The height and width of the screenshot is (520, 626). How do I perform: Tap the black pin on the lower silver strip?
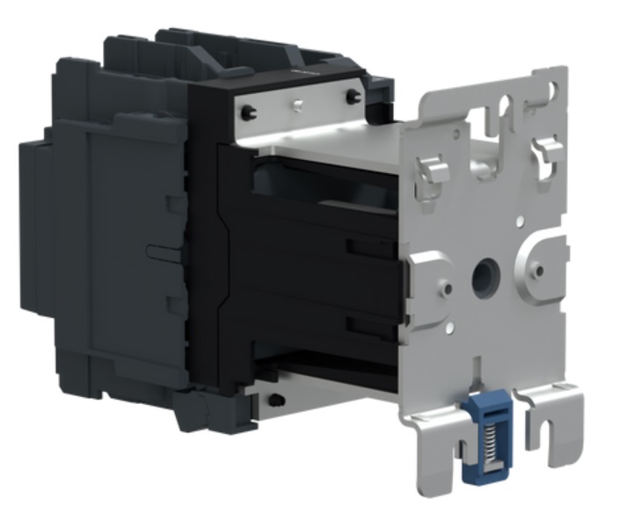(x=278, y=401)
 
